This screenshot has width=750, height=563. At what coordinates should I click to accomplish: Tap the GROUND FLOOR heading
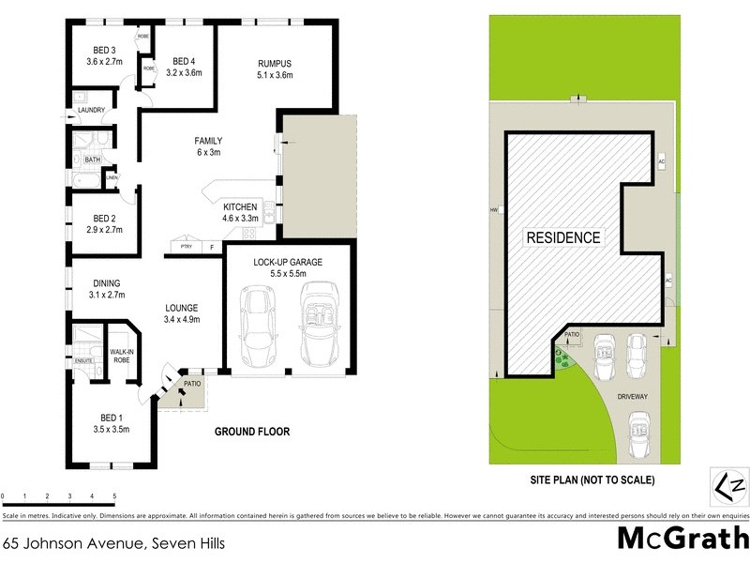click(251, 433)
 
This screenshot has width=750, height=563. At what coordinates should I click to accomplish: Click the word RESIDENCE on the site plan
click(562, 237)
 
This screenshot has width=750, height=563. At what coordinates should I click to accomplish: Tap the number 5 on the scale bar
click(114, 495)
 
